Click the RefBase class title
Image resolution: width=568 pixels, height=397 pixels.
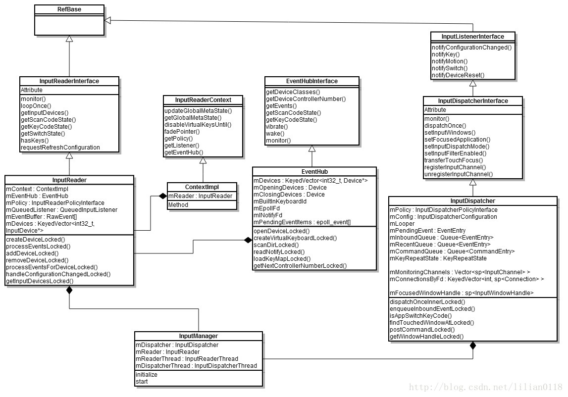point(69,9)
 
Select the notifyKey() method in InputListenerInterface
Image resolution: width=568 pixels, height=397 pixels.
point(446,54)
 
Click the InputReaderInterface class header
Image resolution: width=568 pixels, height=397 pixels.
point(69,81)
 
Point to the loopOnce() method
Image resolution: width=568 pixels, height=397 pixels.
point(36,106)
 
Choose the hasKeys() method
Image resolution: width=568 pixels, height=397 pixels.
point(35,141)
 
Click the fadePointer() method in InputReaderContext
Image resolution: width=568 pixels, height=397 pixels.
point(182,132)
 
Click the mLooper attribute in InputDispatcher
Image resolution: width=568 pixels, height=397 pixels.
point(402,224)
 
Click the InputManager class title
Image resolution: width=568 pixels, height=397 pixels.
point(198,336)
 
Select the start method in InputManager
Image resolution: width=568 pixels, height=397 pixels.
point(142,382)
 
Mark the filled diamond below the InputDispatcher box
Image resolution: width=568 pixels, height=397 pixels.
point(473,345)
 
